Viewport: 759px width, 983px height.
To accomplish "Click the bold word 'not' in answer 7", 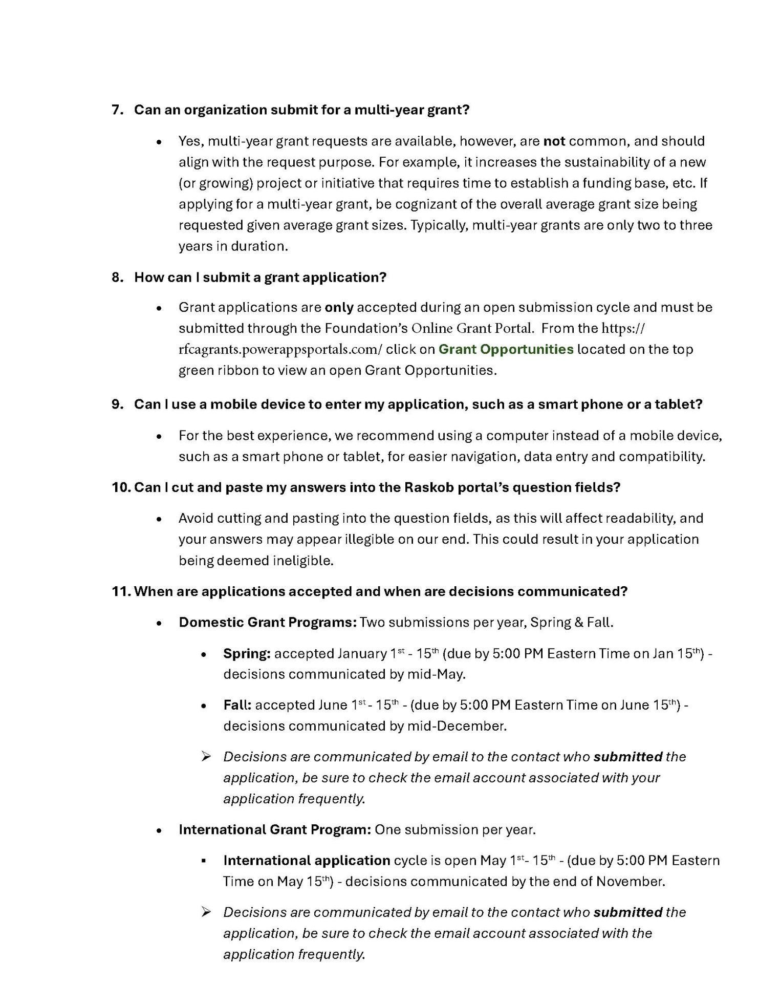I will [554, 141].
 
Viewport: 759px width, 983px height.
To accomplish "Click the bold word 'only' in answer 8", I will [339, 307].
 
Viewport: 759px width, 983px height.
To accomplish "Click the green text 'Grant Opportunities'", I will [506, 349].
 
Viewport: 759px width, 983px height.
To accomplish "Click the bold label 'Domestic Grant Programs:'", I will [267, 623].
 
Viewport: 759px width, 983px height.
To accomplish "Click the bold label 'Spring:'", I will [247, 654].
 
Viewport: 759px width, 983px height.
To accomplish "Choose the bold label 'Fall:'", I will [237, 706].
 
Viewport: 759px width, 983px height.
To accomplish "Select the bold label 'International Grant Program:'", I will [274, 829].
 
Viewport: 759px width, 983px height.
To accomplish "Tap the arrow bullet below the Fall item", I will [206, 756].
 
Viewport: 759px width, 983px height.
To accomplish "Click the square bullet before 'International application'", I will [204, 861].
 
